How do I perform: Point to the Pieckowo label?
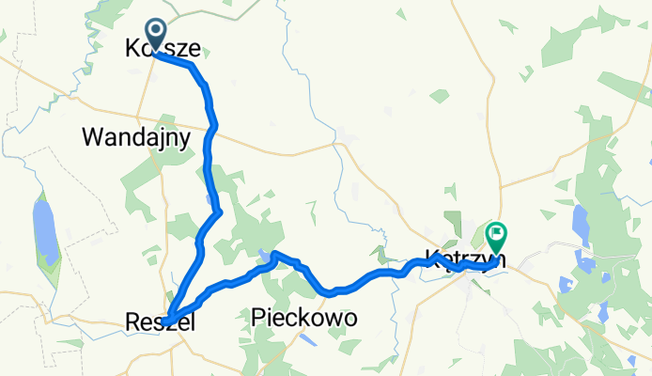[304, 320]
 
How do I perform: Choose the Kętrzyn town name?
[465, 258]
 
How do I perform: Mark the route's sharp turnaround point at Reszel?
[166, 321]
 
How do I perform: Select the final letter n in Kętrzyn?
[501, 258]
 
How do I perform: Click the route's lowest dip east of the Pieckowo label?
[331, 293]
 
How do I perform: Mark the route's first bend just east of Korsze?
[192, 66]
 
